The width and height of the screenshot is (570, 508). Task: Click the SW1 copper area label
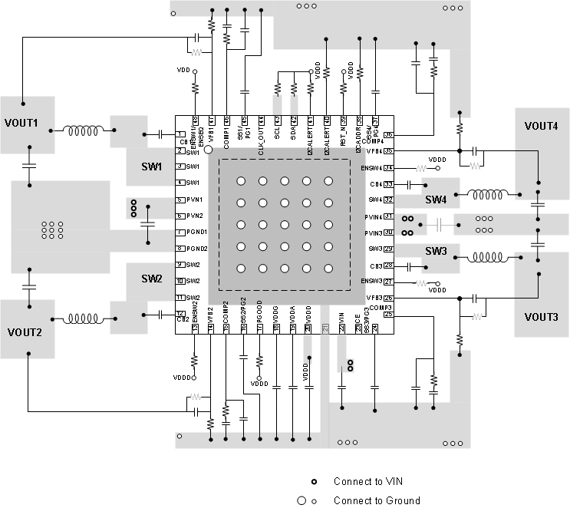(151, 167)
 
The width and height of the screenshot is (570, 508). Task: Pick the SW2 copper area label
(151, 279)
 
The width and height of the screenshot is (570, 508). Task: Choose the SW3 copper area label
(437, 252)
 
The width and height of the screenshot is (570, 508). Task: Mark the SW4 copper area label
(437, 199)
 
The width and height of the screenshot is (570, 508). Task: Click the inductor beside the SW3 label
(487, 257)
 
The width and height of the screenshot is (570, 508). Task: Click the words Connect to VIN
(367, 481)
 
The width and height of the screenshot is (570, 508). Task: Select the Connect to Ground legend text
(377, 500)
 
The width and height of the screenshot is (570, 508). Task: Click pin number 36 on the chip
(388, 135)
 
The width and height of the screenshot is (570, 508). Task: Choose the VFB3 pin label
(374, 298)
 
